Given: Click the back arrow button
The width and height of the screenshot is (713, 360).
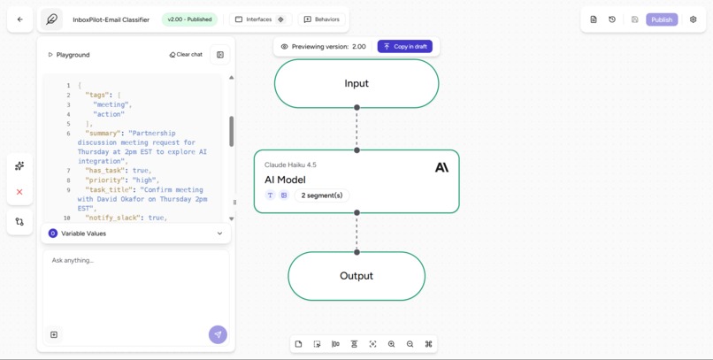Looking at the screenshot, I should [19, 19].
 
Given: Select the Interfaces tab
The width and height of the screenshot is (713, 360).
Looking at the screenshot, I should [254, 19].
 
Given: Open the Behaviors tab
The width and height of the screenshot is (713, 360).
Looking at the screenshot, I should [321, 19].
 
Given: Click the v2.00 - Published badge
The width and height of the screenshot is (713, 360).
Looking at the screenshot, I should [189, 19].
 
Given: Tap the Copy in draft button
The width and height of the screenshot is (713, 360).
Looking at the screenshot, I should [405, 46].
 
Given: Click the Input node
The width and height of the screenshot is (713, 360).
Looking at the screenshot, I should [356, 84].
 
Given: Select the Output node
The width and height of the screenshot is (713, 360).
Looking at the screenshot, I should [356, 276].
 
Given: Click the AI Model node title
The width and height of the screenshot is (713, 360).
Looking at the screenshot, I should [285, 180].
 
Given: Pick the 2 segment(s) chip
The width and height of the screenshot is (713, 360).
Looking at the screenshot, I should [322, 195].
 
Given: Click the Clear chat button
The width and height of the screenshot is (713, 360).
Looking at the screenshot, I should [186, 55].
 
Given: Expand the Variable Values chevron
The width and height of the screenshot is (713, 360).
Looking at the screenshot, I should [219, 234].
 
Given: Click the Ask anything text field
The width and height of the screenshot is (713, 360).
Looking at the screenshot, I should [133, 261].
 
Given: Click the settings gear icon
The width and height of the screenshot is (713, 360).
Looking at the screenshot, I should [693, 19].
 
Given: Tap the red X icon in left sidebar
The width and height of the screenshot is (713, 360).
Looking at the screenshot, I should [19, 192].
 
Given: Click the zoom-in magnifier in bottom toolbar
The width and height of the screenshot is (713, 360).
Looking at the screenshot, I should [391, 344].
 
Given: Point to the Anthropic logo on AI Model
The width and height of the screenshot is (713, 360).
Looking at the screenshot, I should [441, 167].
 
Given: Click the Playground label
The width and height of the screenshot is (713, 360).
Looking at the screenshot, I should [73, 55].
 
